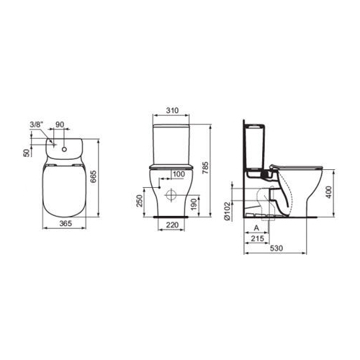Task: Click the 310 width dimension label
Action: coord(172,110)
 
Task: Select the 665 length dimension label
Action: coord(93,176)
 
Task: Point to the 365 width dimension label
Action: coord(66,223)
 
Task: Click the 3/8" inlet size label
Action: coord(36,125)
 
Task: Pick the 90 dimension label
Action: coord(60,125)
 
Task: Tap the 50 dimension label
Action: coord(27,153)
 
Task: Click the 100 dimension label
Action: coord(179,174)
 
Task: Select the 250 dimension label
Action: coord(140,201)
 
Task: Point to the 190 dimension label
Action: coord(194,204)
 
